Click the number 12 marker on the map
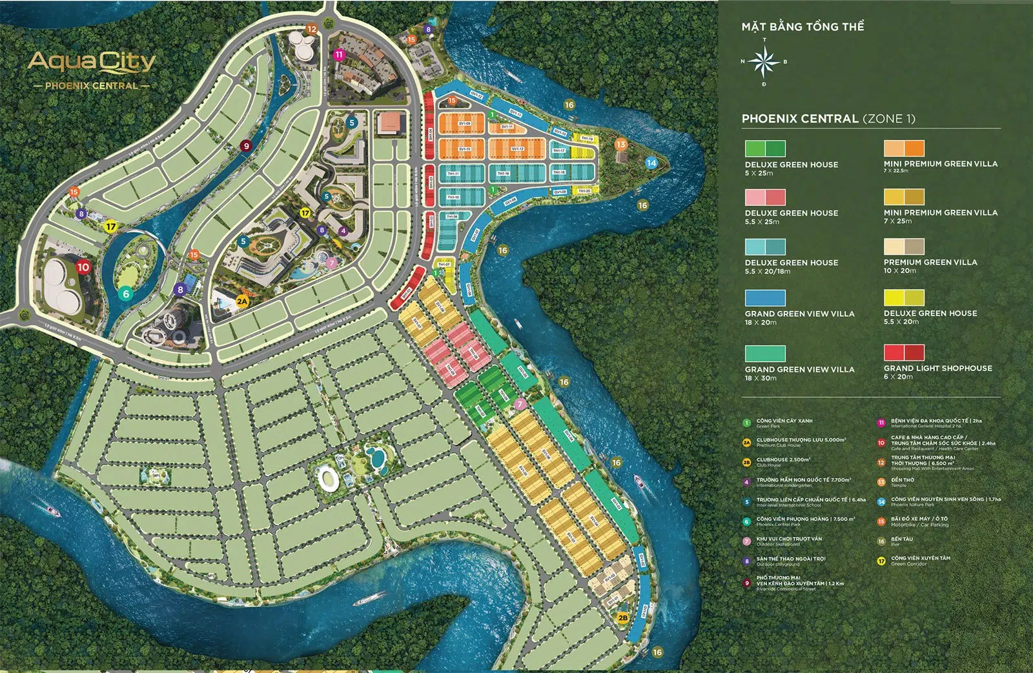312,28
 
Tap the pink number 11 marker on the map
339,55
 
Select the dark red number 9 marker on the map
245,146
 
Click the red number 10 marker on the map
83,266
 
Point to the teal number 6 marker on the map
126,294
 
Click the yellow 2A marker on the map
242,301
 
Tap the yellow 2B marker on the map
622,618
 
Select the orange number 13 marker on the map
620,144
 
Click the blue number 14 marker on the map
651,163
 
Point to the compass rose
764,62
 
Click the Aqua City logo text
92,62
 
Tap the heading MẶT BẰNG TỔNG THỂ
803,26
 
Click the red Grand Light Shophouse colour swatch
904,352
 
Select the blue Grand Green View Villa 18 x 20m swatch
765,297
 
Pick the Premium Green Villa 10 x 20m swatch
904,246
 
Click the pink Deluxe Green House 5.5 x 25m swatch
765,197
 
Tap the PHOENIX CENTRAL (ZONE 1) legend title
828,119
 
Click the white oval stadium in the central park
328,479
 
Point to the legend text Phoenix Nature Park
912,505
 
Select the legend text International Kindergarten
784,485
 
